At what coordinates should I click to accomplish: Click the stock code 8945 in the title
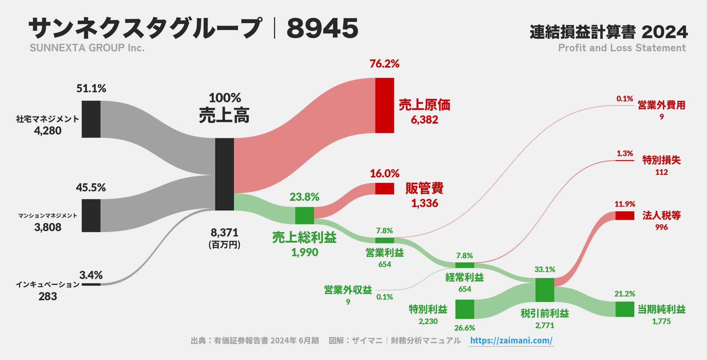322,28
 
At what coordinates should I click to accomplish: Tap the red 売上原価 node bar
385,105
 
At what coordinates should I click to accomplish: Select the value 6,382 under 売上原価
424,120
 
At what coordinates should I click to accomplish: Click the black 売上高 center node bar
224,174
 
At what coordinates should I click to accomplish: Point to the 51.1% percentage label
91,89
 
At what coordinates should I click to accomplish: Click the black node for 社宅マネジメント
91,119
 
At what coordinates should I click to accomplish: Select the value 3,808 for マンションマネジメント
48,227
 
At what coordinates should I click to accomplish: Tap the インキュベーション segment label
48,284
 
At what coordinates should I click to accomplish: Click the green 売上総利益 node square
305,215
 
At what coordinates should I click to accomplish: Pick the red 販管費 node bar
385,189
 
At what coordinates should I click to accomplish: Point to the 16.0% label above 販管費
385,174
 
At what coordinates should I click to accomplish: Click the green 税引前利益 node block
545,290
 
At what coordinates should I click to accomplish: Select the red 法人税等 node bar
625,215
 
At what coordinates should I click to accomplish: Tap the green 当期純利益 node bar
625,309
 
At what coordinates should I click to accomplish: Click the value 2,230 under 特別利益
428,322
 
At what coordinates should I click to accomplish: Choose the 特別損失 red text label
661,160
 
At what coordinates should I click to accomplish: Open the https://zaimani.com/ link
511,341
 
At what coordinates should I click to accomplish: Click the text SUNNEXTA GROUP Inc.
87,48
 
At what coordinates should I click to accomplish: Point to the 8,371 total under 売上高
224,233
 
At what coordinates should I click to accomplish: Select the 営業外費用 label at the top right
661,105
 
